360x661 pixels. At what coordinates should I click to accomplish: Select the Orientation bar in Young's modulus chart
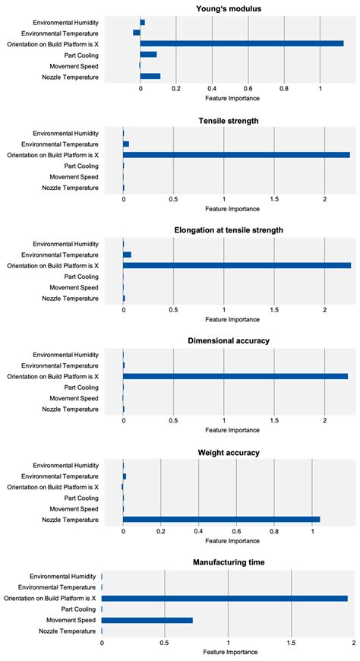pos(242,44)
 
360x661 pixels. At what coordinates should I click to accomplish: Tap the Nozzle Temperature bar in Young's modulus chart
pos(150,76)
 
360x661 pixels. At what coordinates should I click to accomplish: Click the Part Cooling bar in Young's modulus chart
pos(148,55)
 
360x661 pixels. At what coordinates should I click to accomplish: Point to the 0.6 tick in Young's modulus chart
pos(248,89)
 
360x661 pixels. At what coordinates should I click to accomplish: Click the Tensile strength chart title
pos(239,120)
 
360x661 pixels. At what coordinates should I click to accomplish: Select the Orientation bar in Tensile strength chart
pos(236,155)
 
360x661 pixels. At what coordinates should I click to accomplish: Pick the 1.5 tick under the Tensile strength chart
pos(273,200)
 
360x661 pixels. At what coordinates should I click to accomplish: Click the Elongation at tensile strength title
pos(239,230)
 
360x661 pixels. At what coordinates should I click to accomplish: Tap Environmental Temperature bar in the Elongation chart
pos(127,255)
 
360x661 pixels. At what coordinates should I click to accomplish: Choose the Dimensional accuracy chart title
pos(239,340)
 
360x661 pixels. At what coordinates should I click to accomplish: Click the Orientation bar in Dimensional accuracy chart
pos(235,376)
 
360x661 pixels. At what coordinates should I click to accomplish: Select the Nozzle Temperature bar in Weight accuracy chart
pos(221,520)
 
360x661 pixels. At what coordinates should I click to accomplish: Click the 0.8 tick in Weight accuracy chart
pos(274,531)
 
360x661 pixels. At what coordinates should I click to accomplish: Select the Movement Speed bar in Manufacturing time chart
pos(147,620)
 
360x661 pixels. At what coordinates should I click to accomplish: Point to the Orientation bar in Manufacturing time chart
pos(225,599)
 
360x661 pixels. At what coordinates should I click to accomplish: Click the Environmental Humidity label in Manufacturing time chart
pos(64,577)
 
